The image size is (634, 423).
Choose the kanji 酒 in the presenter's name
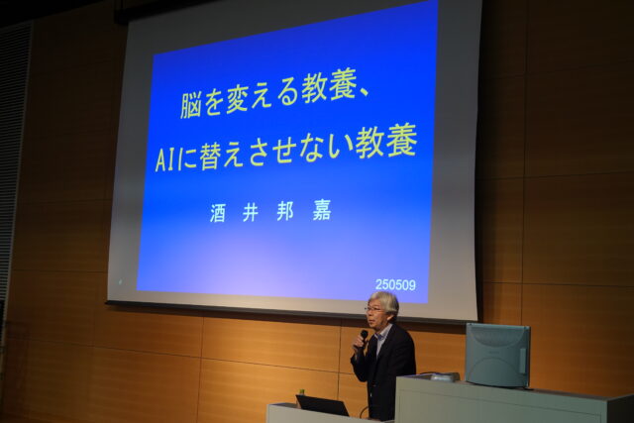tap(218, 213)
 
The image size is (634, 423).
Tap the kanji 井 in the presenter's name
tap(251, 212)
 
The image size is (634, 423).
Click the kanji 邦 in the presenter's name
tap(285, 212)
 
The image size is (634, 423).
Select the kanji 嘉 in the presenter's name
tap(321, 211)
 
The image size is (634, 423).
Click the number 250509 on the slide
tap(395, 285)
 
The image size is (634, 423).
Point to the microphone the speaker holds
tap(364, 337)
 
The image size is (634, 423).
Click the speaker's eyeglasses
tap(373, 309)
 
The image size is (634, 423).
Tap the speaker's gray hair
tap(385, 301)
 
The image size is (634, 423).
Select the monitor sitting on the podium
tap(497, 355)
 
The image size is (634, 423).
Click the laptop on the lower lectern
tap(321, 405)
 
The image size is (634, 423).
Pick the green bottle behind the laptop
tap(301, 392)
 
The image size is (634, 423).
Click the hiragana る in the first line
tap(289, 94)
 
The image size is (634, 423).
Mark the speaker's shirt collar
tap(384, 333)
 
